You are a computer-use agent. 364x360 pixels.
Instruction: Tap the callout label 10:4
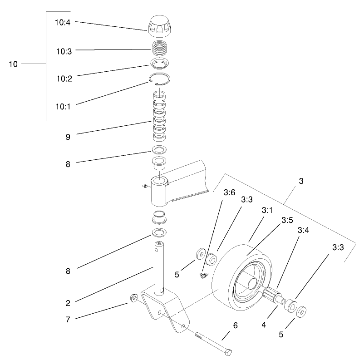click(x=62, y=22)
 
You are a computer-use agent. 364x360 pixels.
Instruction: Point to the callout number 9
click(x=68, y=135)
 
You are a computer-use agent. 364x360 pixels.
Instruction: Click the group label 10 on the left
click(x=13, y=64)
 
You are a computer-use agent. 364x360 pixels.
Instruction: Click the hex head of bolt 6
click(x=229, y=352)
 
